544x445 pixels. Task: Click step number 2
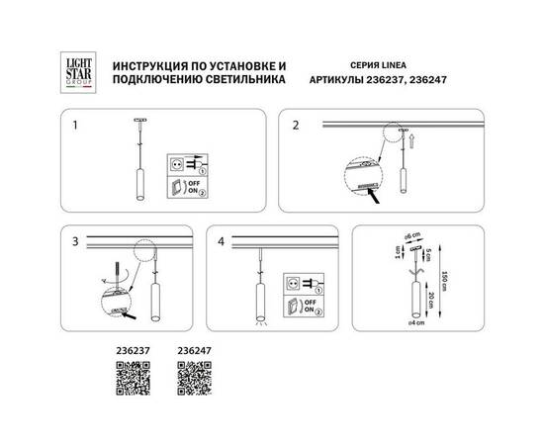294,128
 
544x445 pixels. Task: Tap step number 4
224,240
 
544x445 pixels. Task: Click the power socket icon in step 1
178,158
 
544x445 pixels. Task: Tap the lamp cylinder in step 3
156,297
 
